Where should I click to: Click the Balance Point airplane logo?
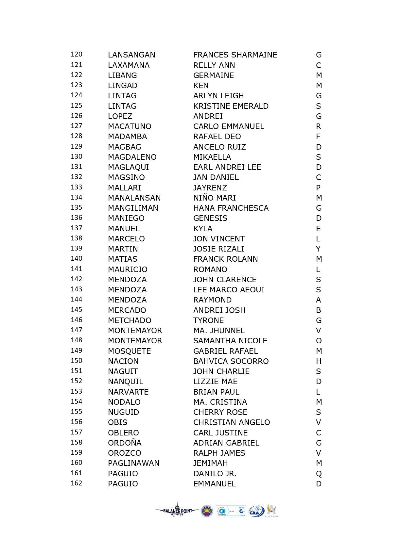(x=177, y=510)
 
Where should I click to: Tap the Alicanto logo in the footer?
(x=271, y=511)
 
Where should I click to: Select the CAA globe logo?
(x=256, y=511)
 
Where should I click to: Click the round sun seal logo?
(x=207, y=511)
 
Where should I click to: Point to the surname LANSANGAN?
(x=131, y=55)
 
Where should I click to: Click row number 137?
(x=77, y=228)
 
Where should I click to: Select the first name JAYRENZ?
(x=210, y=188)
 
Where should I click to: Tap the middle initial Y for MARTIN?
(x=318, y=249)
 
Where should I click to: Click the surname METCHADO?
(x=130, y=320)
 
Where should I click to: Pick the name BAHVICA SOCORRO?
(x=231, y=361)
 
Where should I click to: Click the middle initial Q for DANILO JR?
(x=319, y=474)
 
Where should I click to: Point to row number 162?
(x=77, y=483)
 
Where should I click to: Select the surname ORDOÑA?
(x=125, y=443)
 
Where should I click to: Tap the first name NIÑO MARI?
(x=215, y=198)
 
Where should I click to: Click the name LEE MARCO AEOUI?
(x=229, y=290)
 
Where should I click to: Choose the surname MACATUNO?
(x=130, y=126)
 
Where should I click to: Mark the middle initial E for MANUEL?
(x=318, y=229)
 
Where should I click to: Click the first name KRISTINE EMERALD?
(x=231, y=106)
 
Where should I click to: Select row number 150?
(x=77, y=361)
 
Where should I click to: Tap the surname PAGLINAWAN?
(x=134, y=463)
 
